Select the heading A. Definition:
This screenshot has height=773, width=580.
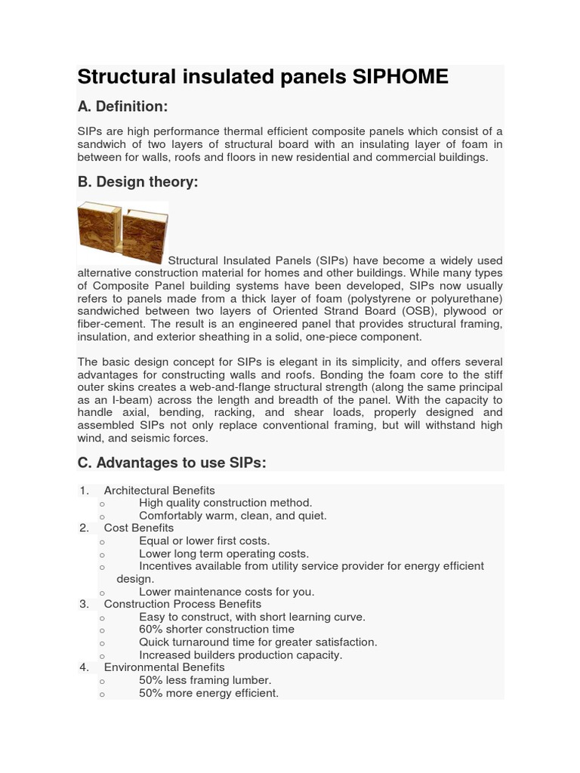(122, 106)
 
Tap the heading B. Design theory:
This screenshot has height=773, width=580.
(137, 182)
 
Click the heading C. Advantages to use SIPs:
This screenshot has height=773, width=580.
(171, 463)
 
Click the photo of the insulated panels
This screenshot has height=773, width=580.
(122, 233)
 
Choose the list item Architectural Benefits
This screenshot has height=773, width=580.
(159, 491)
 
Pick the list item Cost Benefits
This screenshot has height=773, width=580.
(139, 528)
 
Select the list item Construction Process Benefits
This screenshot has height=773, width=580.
(183, 604)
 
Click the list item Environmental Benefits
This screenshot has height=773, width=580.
(165, 667)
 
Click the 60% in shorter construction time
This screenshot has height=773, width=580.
(151, 630)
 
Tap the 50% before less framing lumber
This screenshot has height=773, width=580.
(151, 680)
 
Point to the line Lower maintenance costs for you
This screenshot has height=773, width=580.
(227, 592)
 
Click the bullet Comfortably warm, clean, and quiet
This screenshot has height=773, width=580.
(233, 516)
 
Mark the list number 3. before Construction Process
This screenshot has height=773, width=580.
(84, 604)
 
